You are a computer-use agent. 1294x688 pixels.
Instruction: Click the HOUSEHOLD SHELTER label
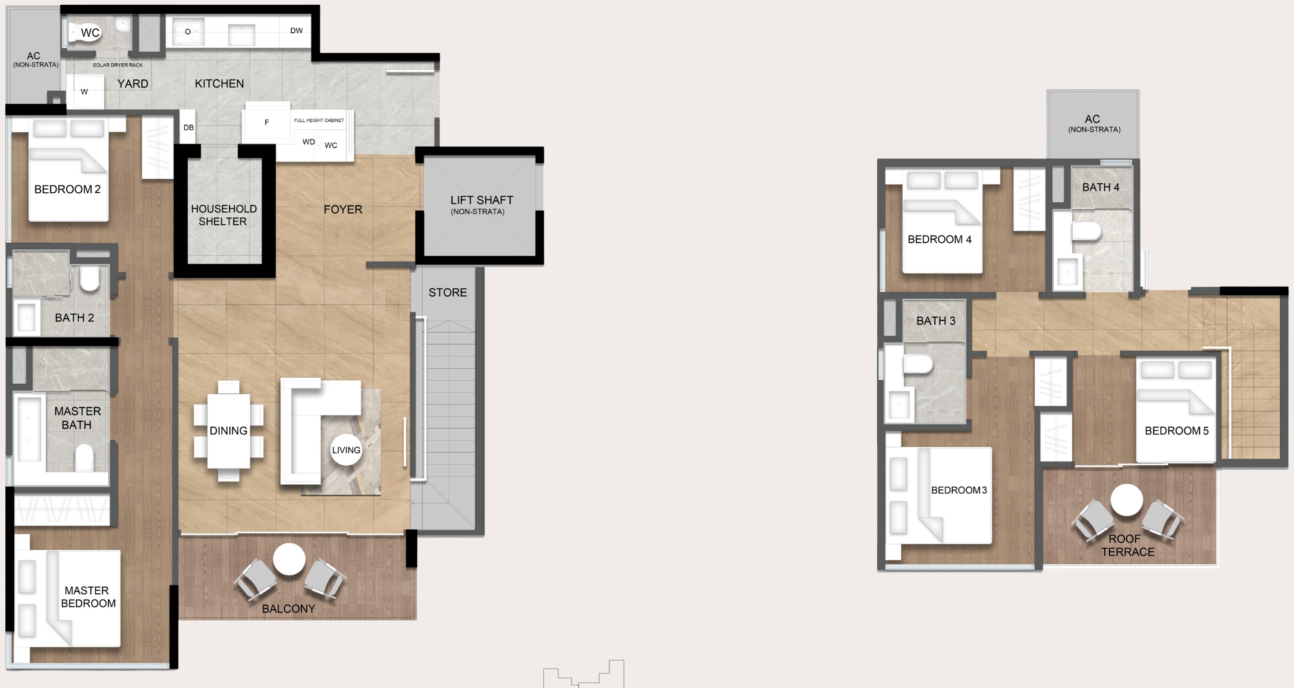point(223,215)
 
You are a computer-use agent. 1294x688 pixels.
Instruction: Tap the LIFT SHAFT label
point(481,200)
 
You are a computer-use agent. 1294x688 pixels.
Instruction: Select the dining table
point(229,430)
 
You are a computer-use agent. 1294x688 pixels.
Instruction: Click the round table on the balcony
point(289,559)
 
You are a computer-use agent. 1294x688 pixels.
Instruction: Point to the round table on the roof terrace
point(1126,500)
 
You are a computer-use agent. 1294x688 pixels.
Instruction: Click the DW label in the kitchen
point(296,31)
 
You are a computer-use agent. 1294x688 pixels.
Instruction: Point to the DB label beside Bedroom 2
point(188,128)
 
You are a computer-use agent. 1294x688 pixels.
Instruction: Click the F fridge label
point(267,122)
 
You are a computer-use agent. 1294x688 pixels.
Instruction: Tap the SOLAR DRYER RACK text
point(118,65)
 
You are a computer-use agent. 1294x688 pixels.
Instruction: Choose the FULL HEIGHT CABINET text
point(319,120)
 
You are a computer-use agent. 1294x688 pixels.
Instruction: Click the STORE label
point(448,292)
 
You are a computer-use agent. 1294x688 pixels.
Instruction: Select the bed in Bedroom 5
point(1176,409)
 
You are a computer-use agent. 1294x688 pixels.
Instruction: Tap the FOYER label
point(342,210)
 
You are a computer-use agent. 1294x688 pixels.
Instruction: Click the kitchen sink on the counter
point(241,34)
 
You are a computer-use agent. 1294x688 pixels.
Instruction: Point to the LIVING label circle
point(346,450)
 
